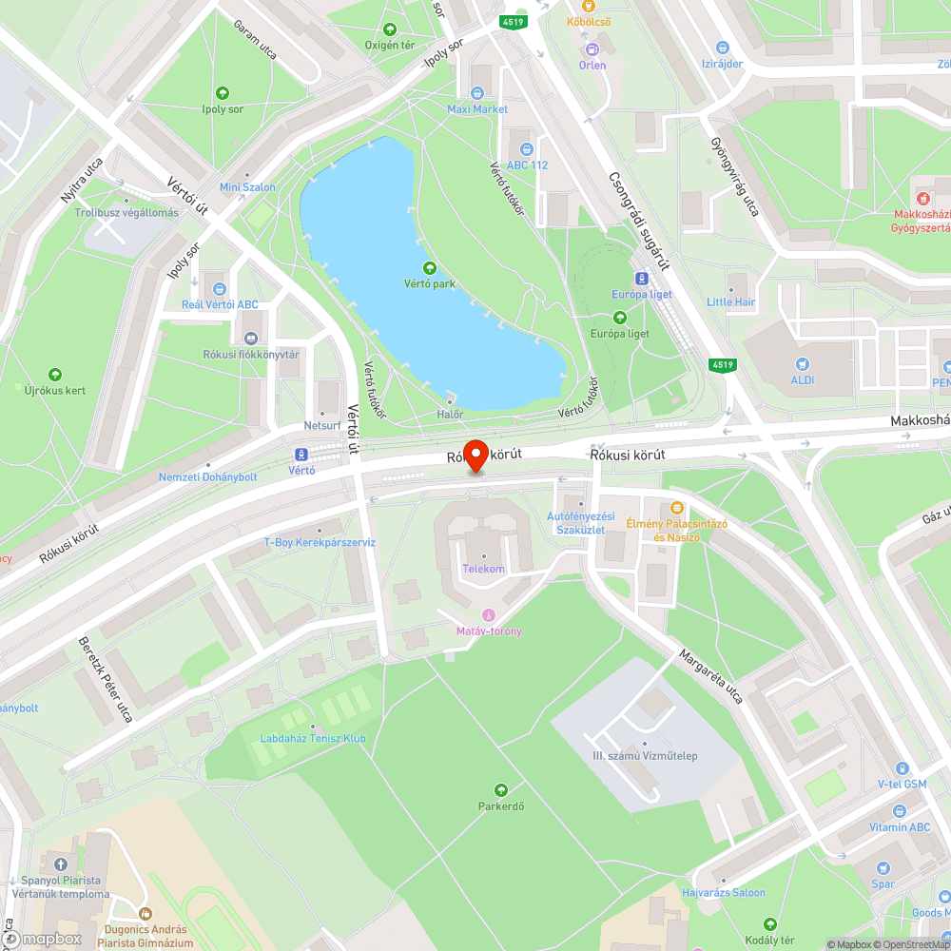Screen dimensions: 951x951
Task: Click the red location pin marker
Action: [x=475, y=454]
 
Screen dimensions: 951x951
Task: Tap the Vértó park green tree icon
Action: [x=429, y=268]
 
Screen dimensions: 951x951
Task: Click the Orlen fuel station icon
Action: [x=592, y=49]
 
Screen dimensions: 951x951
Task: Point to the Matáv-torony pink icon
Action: [x=489, y=614]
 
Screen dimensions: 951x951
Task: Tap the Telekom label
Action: [x=482, y=568]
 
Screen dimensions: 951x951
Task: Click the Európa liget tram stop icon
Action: [x=642, y=279]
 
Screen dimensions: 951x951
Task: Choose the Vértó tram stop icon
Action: [x=301, y=454]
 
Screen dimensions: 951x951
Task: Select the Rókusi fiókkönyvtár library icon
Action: [x=251, y=338]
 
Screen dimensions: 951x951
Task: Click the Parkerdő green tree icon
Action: [x=500, y=790]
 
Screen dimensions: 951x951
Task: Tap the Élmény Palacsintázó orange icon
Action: [x=677, y=508]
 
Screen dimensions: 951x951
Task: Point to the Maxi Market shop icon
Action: [x=477, y=93]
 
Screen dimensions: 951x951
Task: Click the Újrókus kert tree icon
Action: [x=55, y=375]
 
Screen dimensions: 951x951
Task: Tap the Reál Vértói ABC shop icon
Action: [x=220, y=288]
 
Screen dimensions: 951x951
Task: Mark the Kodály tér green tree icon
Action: [x=770, y=924]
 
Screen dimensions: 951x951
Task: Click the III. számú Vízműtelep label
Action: [x=645, y=755]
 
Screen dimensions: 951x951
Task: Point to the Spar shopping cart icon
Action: [x=884, y=867]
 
